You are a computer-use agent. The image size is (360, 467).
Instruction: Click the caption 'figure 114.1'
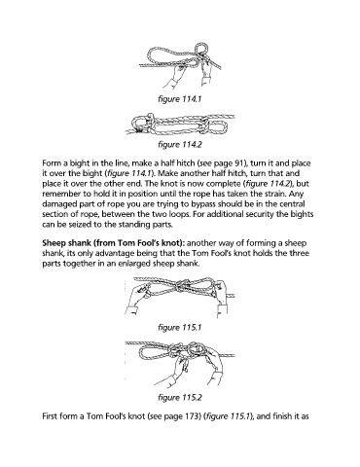tap(180, 98)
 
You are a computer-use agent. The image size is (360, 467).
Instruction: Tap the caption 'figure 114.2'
tap(180, 144)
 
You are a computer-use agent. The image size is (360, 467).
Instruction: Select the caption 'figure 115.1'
tap(180, 327)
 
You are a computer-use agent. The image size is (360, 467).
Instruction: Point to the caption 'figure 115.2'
tap(180, 397)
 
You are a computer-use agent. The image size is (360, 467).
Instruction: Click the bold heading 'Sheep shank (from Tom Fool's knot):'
tap(114, 243)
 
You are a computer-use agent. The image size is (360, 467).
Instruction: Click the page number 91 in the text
tap(238, 163)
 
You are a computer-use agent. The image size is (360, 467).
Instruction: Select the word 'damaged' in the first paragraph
tap(57, 204)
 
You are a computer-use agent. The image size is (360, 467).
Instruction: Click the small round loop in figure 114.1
tap(203, 49)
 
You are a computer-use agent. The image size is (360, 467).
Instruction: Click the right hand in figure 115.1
tap(221, 298)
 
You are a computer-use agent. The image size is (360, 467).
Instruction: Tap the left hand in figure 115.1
tap(137, 298)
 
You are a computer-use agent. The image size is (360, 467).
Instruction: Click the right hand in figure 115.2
tap(213, 366)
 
